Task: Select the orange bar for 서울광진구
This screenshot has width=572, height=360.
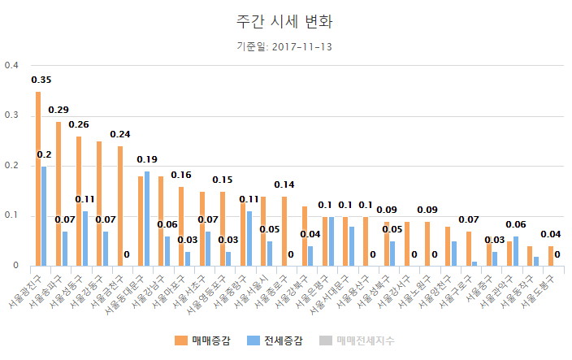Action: [37, 179]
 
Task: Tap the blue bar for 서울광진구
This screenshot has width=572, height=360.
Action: [44, 216]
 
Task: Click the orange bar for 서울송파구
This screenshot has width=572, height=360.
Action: [58, 193]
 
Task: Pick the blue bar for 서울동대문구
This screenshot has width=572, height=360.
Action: [146, 219]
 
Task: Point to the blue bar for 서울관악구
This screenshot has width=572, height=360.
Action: [516, 251]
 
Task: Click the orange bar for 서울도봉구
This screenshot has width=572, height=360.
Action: [551, 256]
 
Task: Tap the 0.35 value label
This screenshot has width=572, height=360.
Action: [41, 80]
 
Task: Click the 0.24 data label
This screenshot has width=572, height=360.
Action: [120, 134]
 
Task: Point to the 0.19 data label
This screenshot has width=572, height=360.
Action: [147, 159]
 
